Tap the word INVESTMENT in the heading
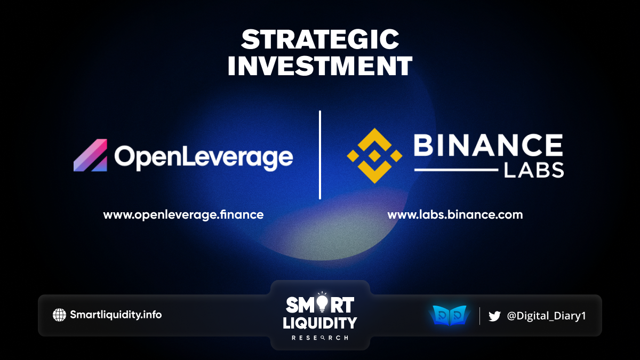point(320,66)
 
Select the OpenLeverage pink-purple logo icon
point(90,155)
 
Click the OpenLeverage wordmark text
point(204,158)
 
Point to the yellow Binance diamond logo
point(374,156)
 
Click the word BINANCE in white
point(489,145)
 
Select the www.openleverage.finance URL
point(183,215)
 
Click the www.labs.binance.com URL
point(455,214)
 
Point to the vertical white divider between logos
point(320,155)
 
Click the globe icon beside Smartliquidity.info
point(59,315)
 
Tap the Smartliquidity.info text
point(116,315)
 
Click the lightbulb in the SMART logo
point(322,303)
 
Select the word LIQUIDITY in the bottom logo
point(320,323)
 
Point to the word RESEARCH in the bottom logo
point(320,338)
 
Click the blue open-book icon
point(450,315)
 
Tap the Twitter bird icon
point(494,316)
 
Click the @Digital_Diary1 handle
point(546,316)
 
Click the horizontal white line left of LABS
point(457,170)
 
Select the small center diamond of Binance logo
point(374,156)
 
